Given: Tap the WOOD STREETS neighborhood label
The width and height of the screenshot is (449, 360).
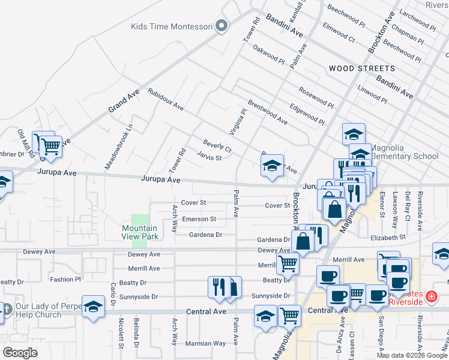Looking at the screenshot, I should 362,68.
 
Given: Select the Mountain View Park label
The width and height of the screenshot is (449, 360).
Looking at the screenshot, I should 140,232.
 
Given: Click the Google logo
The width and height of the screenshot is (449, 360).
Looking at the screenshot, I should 20,353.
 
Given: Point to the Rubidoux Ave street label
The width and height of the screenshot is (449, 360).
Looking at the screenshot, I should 166,100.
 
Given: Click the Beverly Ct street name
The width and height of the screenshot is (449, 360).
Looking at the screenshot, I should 217,145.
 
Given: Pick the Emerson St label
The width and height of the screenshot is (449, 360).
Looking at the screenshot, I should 199,219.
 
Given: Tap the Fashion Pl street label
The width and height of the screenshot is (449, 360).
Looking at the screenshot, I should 65,280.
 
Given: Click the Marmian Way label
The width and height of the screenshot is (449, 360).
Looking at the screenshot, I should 206,344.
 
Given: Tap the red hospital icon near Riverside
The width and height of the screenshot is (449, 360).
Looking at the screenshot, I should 431,296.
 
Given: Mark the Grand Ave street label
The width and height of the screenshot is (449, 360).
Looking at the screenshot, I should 123,100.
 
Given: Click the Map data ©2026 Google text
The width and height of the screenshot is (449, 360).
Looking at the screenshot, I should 412,355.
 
